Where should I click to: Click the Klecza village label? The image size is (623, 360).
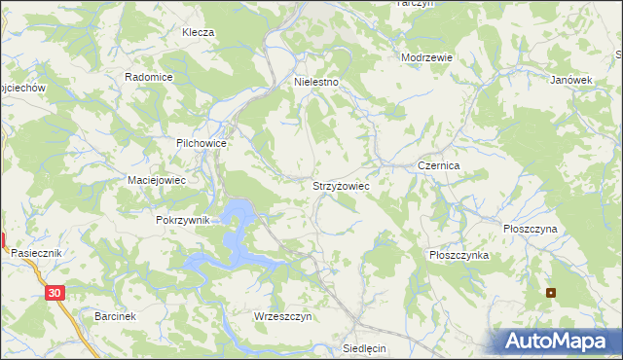coord(198,32)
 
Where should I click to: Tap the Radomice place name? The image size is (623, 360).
coord(149,77)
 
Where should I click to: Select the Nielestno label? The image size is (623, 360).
coord(316,83)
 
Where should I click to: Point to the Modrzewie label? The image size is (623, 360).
coord(427,57)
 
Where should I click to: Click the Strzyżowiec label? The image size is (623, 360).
coord(340,184)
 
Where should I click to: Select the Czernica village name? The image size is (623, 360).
coord(438,166)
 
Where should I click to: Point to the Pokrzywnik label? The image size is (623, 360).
coord(183,220)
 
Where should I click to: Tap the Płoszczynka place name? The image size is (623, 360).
coord(458,254)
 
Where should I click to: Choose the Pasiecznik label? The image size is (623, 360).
coord(37,252)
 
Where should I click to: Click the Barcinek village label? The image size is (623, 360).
coord(115,317)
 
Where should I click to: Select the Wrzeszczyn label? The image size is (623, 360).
coord(281,317)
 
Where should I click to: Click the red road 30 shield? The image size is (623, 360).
coord(55,291)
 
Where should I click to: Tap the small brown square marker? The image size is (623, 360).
coord(551,292)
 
